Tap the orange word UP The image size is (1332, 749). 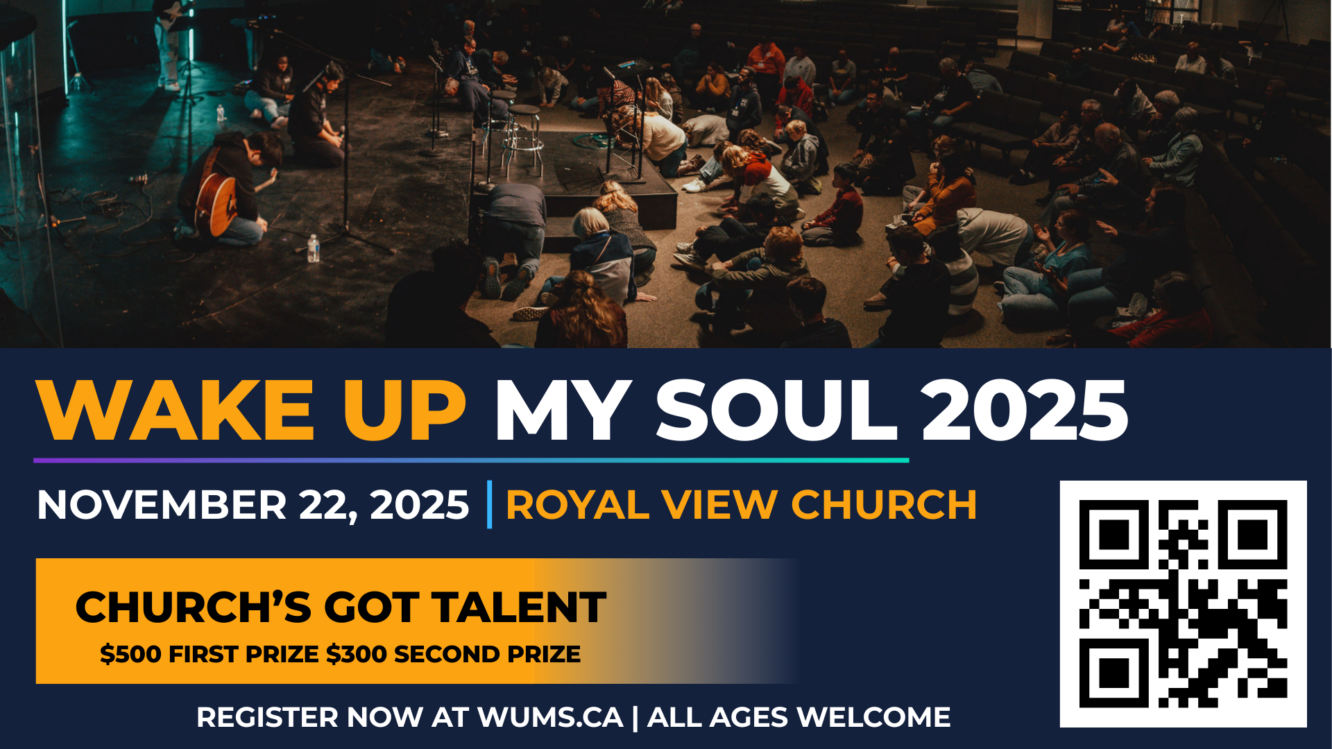[x=404, y=410]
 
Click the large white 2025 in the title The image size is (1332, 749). [x=1025, y=410]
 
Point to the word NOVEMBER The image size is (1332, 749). [x=162, y=505]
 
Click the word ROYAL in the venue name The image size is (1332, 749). [x=577, y=505]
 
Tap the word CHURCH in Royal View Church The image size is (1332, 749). [x=884, y=505]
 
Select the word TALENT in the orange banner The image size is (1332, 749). [x=520, y=608]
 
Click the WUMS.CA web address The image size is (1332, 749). [x=550, y=718]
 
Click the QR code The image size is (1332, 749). [x=1184, y=604]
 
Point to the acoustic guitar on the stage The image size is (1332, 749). [x=216, y=201]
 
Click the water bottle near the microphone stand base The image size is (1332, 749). [x=314, y=248]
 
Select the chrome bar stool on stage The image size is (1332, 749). [x=524, y=139]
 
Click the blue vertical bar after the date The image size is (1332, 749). [x=490, y=504]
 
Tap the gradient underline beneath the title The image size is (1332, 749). [x=471, y=460]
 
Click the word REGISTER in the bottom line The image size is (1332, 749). [x=267, y=718]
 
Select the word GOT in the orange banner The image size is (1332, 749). [x=371, y=608]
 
